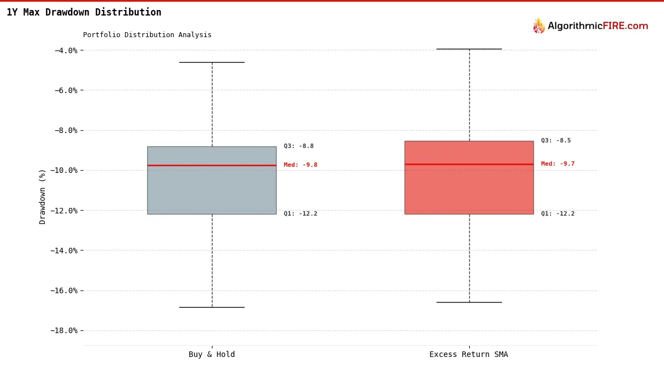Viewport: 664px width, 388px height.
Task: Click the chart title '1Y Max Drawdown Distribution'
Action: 84,12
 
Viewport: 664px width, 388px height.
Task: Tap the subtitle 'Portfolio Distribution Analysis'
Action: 147,35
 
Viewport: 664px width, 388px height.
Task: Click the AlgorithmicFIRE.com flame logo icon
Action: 538,25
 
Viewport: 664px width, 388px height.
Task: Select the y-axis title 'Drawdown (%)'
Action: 43,197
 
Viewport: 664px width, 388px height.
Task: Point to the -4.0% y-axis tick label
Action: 66,50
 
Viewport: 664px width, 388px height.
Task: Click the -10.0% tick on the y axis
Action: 64,170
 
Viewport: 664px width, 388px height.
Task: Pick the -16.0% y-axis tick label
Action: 64,290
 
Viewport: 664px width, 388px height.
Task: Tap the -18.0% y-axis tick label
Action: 64,330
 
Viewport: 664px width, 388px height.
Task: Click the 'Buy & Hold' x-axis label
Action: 212,355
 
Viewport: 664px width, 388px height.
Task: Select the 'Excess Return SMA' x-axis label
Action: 469,355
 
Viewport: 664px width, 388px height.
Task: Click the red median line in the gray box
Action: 212,165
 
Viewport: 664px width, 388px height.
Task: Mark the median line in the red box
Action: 469,164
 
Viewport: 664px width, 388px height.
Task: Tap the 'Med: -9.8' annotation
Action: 300,165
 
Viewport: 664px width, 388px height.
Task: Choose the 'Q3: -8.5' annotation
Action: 556,141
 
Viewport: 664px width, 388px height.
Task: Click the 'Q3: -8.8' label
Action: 299,146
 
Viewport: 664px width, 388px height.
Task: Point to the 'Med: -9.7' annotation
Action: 558,164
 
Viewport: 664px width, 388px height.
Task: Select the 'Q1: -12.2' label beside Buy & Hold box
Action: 300,214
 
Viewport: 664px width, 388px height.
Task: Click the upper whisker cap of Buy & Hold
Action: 212,62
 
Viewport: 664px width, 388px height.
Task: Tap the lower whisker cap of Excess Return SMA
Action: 469,302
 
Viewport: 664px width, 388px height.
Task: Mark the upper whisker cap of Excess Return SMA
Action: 469,49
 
